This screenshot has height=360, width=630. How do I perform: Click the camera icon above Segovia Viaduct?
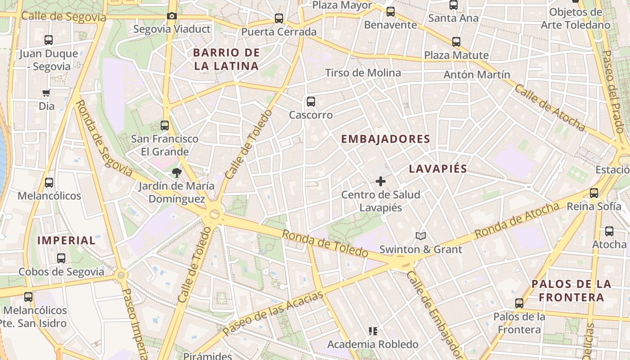click(x=171, y=16)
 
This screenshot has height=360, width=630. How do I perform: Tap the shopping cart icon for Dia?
click(x=46, y=93)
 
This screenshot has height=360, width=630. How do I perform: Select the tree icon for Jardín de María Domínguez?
click(x=176, y=172)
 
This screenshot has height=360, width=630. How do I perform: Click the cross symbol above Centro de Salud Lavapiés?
click(x=380, y=181)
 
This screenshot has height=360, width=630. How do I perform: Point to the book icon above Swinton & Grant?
click(x=420, y=236)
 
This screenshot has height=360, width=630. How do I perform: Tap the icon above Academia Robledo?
click(x=373, y=331)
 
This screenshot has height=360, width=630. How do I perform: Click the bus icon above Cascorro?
click(x=310, y=102)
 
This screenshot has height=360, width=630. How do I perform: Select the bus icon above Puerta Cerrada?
click(x=279, y=18)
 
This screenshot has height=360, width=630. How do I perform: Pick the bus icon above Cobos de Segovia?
click(x=61, y=258)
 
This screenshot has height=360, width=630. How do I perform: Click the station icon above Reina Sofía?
click(x=594, y=193)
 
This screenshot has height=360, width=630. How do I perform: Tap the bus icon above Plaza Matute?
click(x=456, y=42)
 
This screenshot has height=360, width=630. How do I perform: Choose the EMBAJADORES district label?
click(x=386, y=139)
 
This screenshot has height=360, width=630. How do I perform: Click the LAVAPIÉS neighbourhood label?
click(x=438, y=169)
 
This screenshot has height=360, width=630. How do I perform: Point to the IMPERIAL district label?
click(x=66, y=240)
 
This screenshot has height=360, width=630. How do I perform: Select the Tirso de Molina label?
click(x=363, y=73)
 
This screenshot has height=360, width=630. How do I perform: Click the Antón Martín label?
click(x=477, y=75)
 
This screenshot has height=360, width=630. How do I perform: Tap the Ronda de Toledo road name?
click(x=325, y=243)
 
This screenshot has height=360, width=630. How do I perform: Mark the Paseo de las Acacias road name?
click(x=273, y=312)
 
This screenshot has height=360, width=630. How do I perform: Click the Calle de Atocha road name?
click(x=549, y=108)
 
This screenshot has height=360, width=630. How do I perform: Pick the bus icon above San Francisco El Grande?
click(x=165, y=126)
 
